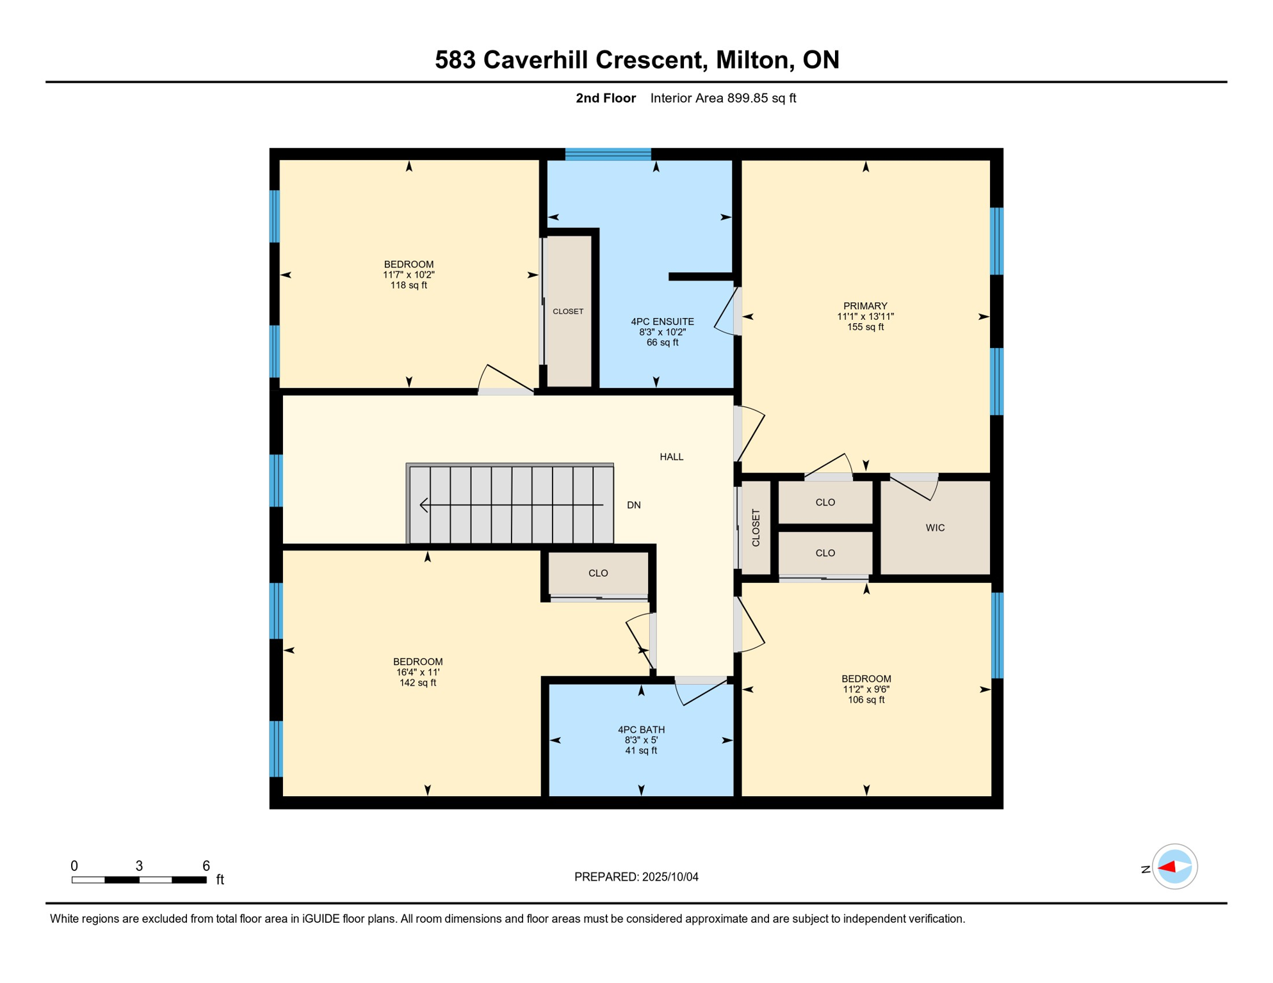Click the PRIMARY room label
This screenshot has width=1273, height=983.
(x=865, y=306)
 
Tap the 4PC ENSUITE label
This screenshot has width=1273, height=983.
(x=662, y=322)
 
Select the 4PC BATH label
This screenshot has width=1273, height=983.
(x=641, y=730)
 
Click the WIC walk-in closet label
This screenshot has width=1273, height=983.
(x=935, y=528)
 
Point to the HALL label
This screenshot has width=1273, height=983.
(x=672, y=457)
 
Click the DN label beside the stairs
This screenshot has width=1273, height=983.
(x=634, y=505)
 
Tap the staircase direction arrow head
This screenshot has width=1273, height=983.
(x=424, y=505)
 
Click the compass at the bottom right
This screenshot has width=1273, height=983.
(x=1174, y=867)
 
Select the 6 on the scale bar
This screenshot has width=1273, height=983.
(x=206, y=866)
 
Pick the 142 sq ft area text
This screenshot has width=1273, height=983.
(x=418, y=683)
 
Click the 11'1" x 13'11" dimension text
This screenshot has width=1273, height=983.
(x=865, y=317)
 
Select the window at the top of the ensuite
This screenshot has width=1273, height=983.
(x=608, y=154)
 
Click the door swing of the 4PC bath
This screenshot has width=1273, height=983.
(x=702, y=691)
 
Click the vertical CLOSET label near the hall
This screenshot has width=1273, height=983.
(x=756, y=528)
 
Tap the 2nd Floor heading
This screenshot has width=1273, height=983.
(x=606, y=98)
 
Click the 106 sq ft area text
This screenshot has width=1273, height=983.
(x=866, y=700)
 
